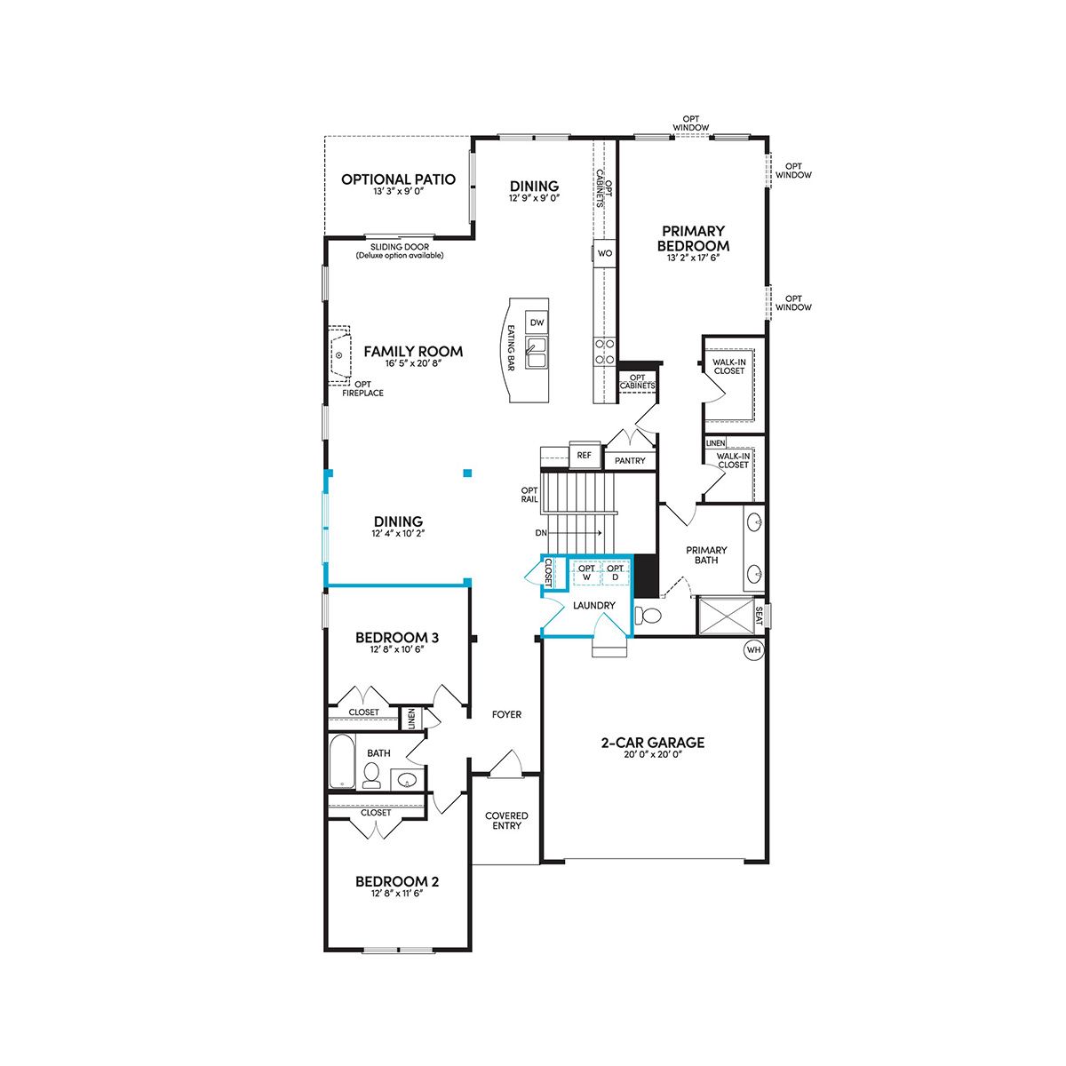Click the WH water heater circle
coord(753,650)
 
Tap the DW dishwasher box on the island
coord(537,322)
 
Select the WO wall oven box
coord(605,253)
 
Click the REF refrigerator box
coord(585,456)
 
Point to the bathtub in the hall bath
coord(342,761)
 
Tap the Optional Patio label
coord(398,179)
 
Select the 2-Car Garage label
coord(653,743)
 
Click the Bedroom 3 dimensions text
coord(397,649)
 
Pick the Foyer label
coord(506,715)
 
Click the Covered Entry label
coord(506,821)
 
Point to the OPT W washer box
coord(587,573)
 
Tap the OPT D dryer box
coord(615,573)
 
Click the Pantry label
coord(630,460)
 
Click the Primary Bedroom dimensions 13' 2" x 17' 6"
coord(693,258)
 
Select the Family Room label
coord(413,351)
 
